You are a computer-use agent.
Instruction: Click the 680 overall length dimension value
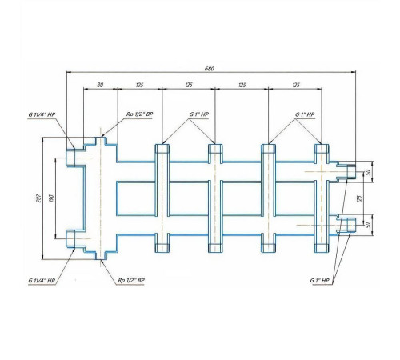(x=210, y=69)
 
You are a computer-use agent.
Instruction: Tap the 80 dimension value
(x=100, y=85)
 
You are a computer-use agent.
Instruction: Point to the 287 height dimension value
(x=39, y=198)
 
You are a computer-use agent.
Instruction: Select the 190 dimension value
(x=51, y=198)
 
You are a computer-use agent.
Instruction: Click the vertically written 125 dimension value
(x=359, y=198)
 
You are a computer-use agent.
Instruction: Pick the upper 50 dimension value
(x=369, y=172)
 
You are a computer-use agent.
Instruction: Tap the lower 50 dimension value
(x=369, y=225)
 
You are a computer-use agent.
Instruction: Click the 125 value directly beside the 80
(x=140, y=85)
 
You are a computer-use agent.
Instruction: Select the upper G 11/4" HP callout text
(x=42, y=114)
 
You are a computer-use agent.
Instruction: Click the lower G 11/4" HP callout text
(x=42, y=281)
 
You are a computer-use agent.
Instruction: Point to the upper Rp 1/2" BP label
(x=139, y=114)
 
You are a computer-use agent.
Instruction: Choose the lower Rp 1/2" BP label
(x=131, y=280)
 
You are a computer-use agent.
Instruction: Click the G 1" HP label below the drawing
(x=319, y=281)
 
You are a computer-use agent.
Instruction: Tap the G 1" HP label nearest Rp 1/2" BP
(x=199, y=114)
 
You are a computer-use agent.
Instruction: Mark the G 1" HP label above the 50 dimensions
(x=305, y=114)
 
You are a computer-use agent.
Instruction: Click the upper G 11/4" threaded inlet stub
(x=70, y=158)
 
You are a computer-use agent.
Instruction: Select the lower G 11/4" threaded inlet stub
(x=70, y=238)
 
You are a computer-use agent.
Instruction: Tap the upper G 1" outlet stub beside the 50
(x=351, y=172)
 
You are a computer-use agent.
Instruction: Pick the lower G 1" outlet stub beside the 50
(x=351, y=225)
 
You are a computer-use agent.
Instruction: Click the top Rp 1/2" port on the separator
(x=100, y=141)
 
